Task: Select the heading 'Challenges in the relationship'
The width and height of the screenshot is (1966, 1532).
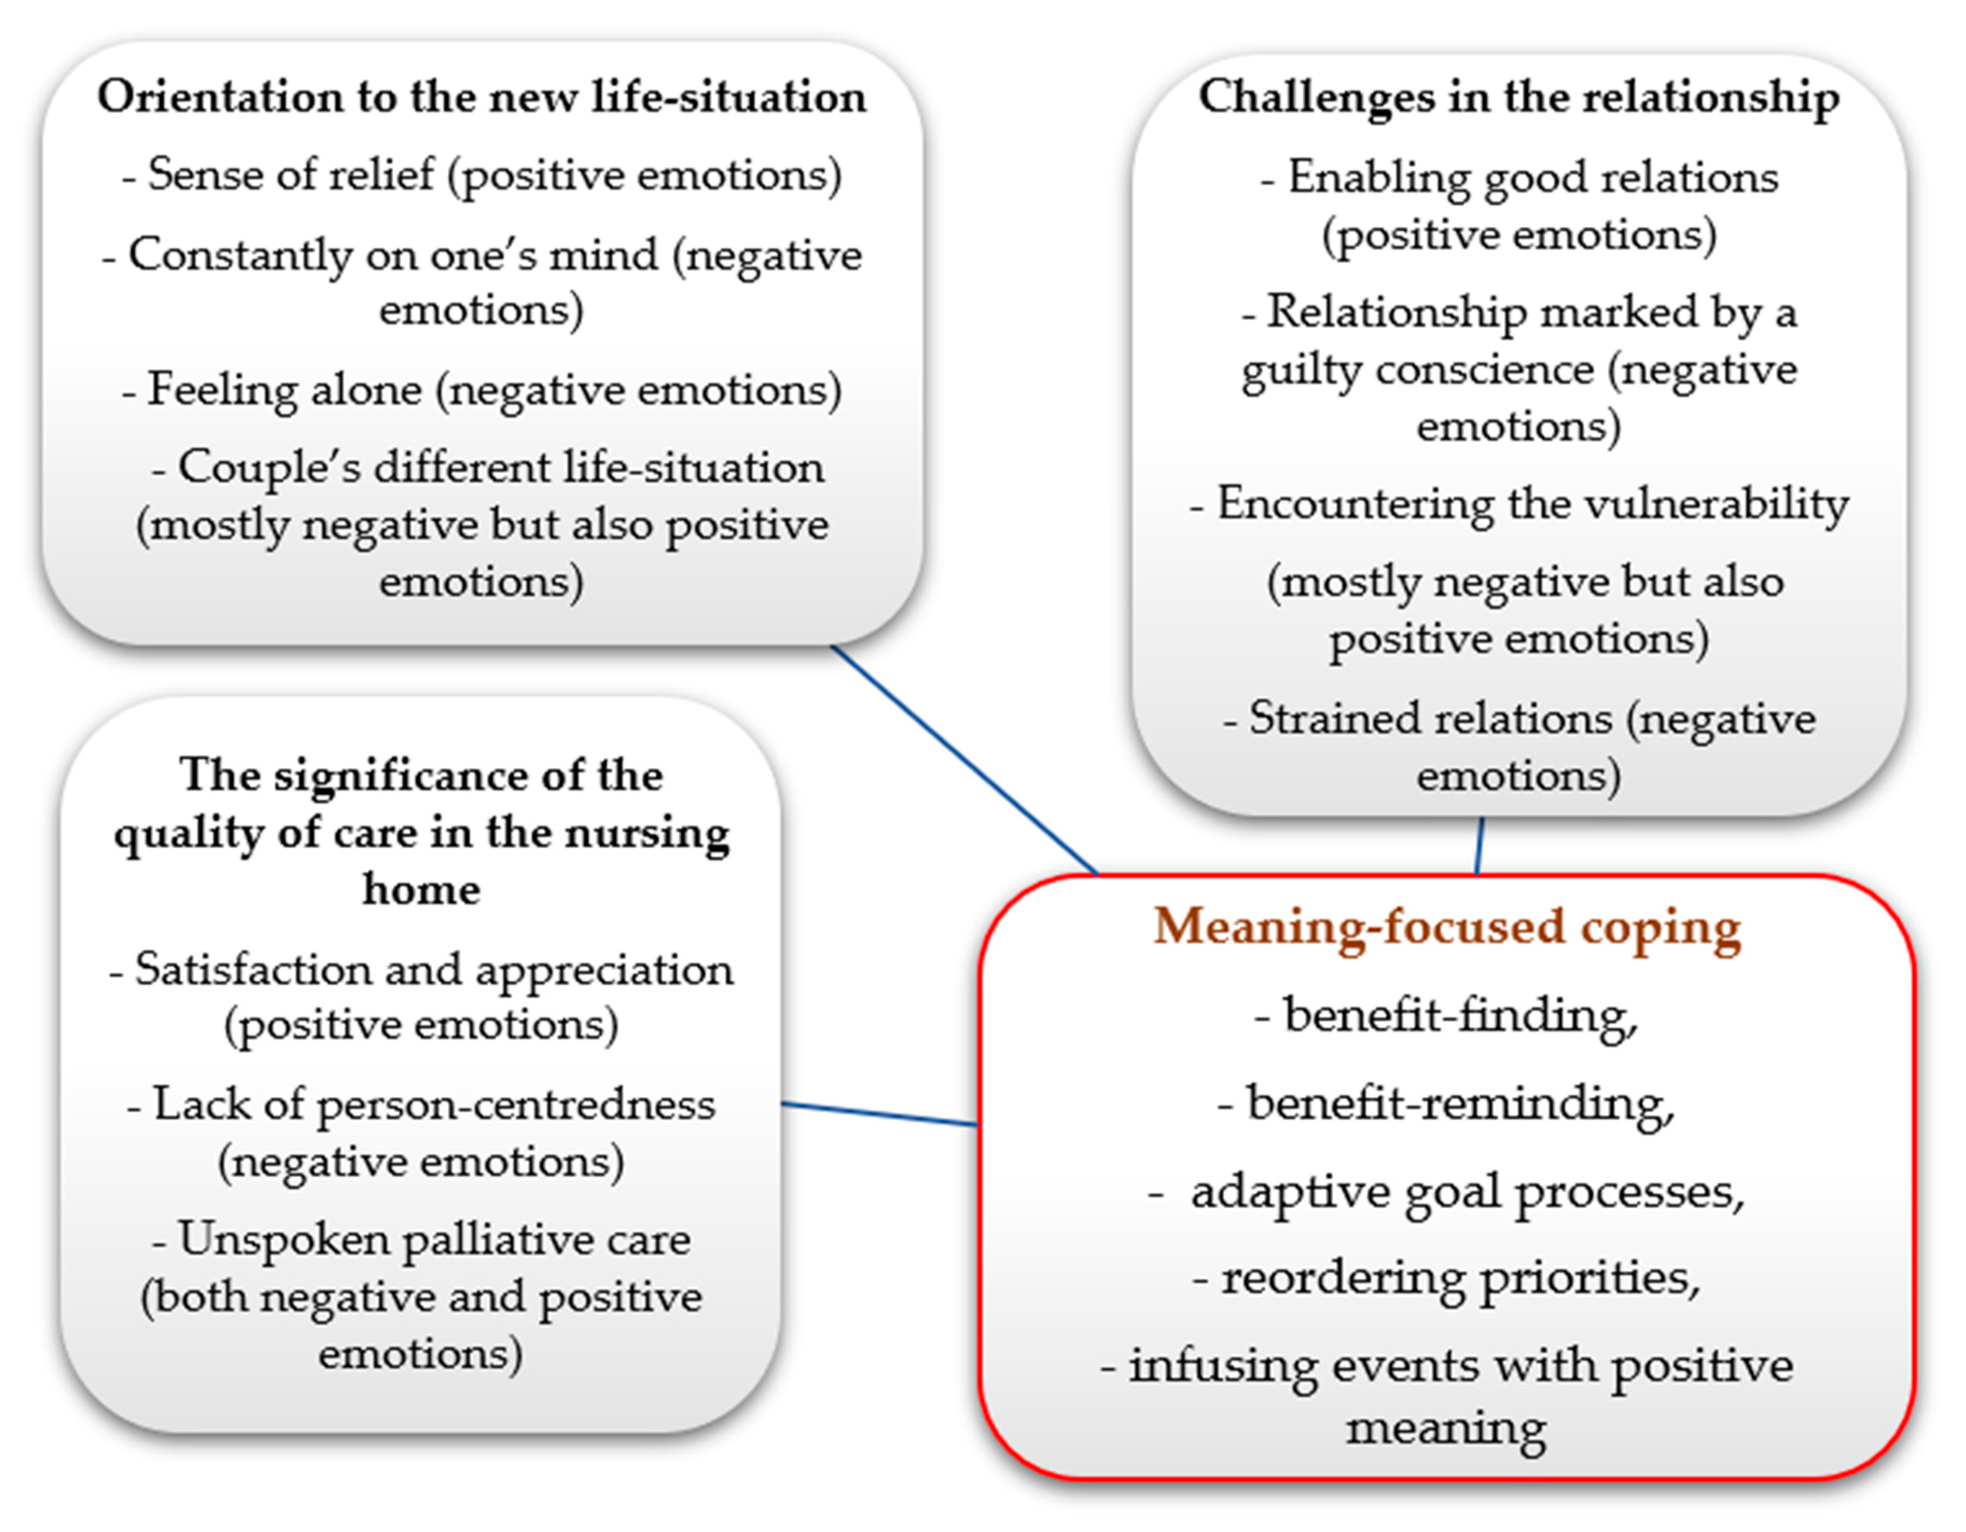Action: [x=1519, y=97]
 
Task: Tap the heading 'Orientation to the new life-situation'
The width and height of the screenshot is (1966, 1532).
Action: [x=482, y=96]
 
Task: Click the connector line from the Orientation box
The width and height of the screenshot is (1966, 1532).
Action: [x=963, y=759]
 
